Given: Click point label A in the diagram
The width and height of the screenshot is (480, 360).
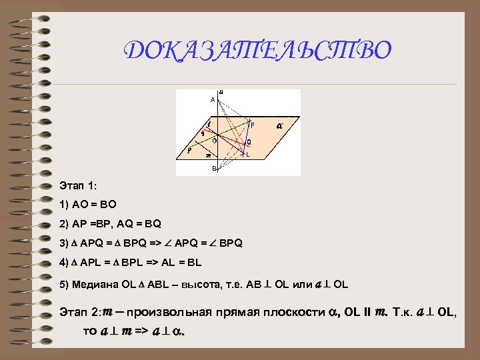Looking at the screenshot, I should click(212, 99).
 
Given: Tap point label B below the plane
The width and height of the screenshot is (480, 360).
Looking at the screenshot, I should click(215, 168).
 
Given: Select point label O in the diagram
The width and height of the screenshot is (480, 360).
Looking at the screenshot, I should click(214, 141).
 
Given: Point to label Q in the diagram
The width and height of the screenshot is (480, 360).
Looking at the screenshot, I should click(249, 142).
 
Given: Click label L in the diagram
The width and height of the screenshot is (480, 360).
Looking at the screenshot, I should click(247, 155).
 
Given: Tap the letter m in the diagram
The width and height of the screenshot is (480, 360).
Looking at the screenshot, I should click(208, 156).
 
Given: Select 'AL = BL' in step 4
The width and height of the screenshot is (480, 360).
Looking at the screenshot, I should click(175, 263).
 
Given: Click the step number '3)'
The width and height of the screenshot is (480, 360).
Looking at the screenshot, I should click(63, 243).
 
